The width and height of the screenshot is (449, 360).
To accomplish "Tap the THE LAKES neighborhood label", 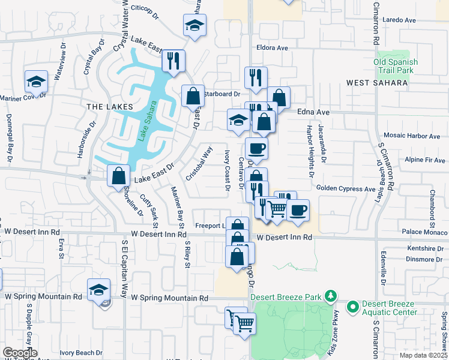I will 109,106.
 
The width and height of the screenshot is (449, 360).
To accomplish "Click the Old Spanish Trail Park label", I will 394,66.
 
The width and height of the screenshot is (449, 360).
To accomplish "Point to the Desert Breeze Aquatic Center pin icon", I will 352,307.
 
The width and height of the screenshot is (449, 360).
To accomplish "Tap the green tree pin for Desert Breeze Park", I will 329,296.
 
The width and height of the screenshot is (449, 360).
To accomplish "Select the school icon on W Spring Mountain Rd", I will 99,290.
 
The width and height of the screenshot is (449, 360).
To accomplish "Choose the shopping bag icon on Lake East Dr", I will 119,176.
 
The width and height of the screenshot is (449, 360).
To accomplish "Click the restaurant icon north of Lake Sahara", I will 173,61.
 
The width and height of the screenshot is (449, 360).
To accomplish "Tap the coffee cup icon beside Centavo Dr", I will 256,148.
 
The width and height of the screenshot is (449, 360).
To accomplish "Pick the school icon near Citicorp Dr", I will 194,25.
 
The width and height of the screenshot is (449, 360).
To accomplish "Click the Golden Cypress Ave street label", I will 346,189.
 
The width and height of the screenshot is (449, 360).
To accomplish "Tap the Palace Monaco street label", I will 424,232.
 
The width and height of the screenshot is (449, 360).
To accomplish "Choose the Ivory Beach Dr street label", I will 83,353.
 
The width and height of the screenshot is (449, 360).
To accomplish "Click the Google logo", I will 20,353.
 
